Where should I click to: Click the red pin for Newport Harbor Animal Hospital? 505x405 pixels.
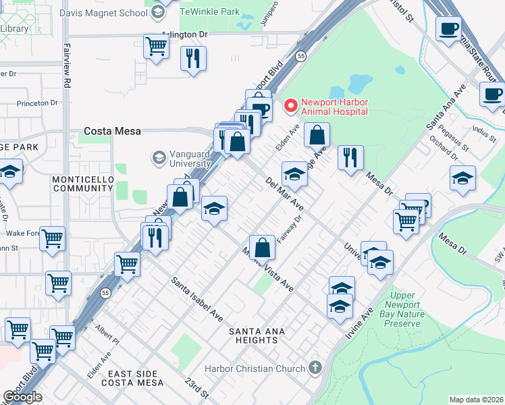point(291,105)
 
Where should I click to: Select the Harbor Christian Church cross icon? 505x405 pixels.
point(313,369)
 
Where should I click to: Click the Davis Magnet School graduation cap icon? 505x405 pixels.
point(157,12)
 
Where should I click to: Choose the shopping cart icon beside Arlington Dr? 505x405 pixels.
point(156,47)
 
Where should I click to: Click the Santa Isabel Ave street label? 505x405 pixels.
point(196,298)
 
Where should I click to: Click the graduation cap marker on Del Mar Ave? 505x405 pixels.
point(294,174)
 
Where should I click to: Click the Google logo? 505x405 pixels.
point(22,397)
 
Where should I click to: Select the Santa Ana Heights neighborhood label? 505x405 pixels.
point(257,335)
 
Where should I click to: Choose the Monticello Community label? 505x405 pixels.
point(82,183)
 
